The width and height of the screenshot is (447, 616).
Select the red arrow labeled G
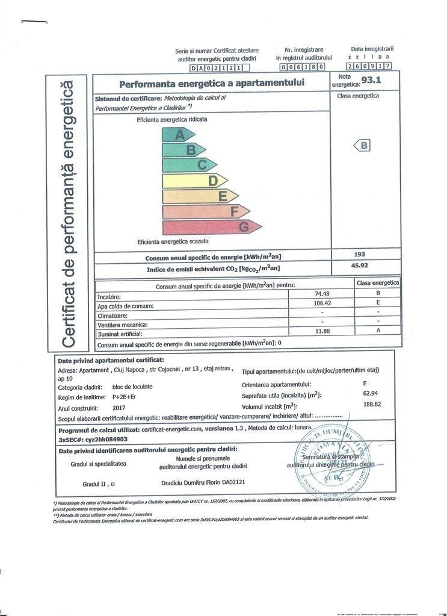pyautogui.click(x=211, y=228)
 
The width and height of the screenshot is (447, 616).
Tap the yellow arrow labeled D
pyautogui.click(x=194, y=181)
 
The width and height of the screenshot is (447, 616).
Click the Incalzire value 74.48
pyautogui.click(x=324, y=293)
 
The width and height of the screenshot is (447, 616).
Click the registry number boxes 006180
pyautogui.click(x=303, y=67)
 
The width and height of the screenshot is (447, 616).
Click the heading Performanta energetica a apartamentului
pyautogui.click(x=212, y=83)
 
